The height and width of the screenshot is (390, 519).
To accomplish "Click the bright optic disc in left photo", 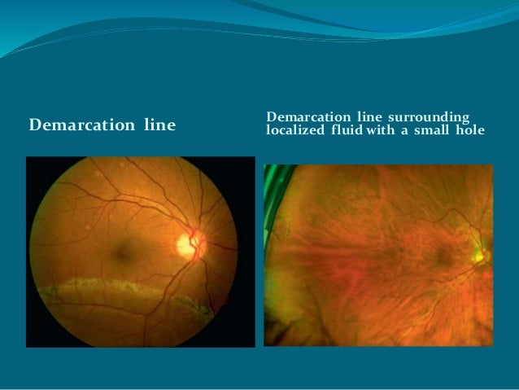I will pyautogui.click(x=190, y=243).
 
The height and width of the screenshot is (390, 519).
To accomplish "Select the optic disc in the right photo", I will pyautogui.click(x=480, y=256).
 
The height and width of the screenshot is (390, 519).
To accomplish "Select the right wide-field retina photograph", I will pyautogui.click(x=378, y=254).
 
